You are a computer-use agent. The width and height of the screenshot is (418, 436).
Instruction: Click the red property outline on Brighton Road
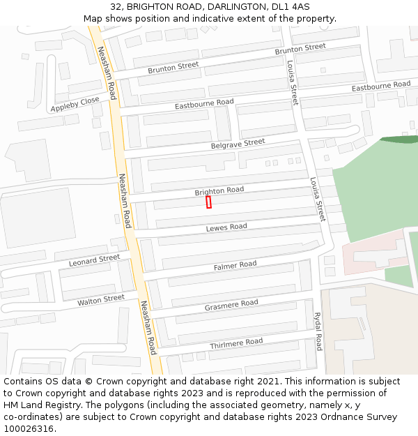coord(208,202)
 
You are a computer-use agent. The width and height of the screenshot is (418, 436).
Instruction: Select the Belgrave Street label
coord(238,144)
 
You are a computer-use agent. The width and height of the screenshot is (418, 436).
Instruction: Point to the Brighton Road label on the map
coord(219,190)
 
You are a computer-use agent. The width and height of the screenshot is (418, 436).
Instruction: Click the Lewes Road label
coord(226,227)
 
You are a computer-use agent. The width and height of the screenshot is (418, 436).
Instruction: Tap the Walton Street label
coord(100,300)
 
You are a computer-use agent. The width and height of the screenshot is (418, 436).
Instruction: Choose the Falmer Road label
coord(235,266)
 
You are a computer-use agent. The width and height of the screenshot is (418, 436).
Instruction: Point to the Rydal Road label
coord(318,331)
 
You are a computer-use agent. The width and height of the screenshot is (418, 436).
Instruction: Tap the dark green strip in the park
coord(398,140)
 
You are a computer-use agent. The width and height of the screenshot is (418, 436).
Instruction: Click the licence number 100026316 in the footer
coord(29,429)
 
